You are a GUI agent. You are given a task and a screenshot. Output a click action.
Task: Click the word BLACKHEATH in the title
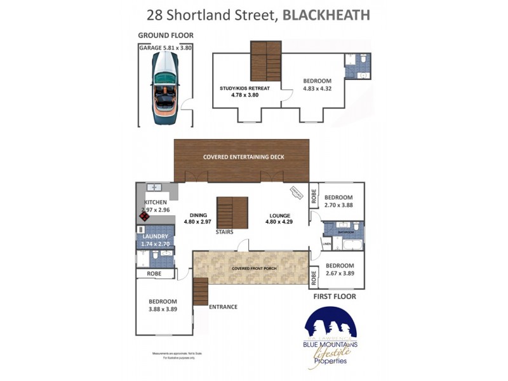pos(326,15)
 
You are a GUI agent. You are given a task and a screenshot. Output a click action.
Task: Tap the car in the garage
pos(166,82)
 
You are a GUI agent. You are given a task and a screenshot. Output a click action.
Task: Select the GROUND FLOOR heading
pos(165,36)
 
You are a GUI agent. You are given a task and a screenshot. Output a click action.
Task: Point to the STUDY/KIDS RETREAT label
pos(245,88)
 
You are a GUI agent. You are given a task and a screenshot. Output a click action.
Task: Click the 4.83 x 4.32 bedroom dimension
pos(317,89)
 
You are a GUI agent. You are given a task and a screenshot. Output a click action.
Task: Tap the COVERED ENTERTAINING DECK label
pos(244,157)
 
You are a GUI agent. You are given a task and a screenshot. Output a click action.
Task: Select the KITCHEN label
pos(155,203)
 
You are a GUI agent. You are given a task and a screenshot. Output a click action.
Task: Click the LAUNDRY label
pos(155,236)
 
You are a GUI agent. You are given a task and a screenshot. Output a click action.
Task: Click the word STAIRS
pos(224,232)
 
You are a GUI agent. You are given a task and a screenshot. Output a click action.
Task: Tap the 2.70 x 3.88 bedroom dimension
pos(338,206)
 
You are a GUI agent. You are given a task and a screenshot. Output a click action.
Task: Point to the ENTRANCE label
pos(223,307)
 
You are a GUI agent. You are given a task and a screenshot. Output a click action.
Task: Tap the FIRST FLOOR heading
pos(335,296)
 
